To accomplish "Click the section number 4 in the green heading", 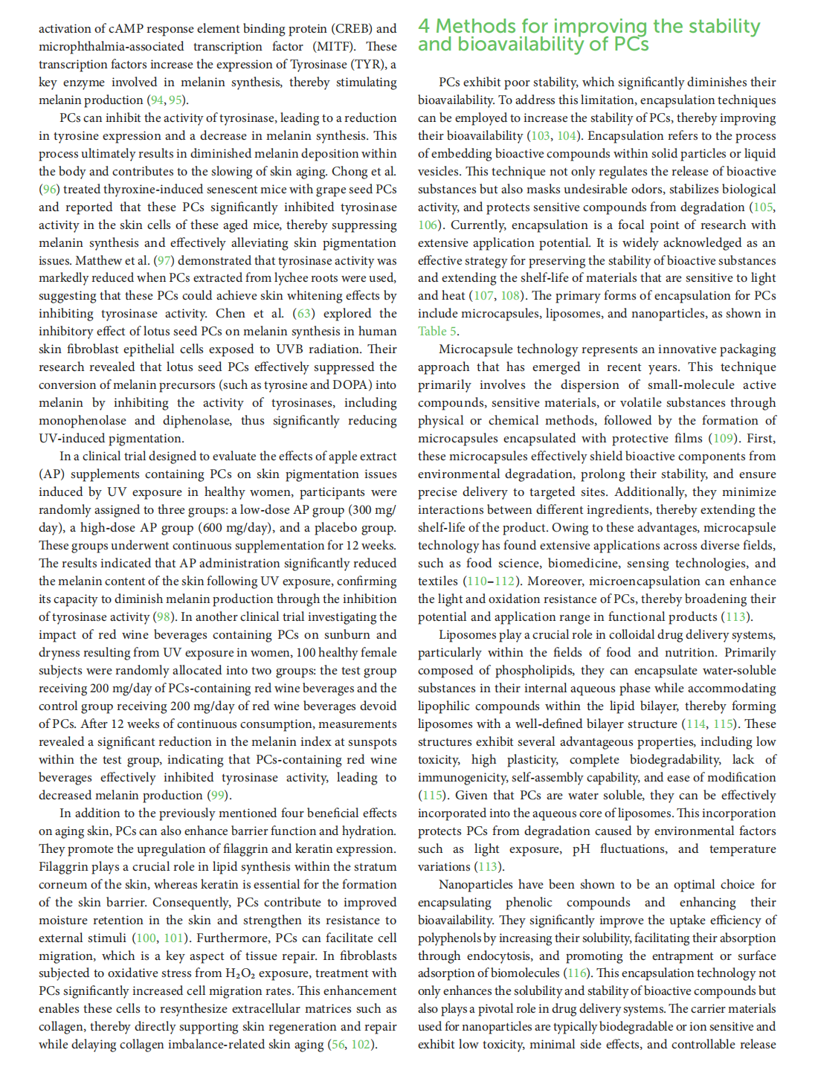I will coord(424,27).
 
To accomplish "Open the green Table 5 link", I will coord(437,332).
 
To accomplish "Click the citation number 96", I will coord(50,190).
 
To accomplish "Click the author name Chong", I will coord(352,172).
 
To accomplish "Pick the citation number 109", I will coord(723,439).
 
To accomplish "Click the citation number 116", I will coord(577,973).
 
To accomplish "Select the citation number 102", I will coord(361,1045).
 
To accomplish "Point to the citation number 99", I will coord(217,796).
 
